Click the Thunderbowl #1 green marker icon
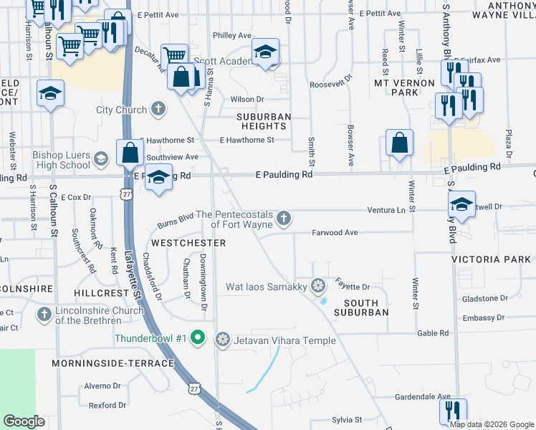point(200,338)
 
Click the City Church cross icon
point(158,110)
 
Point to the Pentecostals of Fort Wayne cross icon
point(284,218)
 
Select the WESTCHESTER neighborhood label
point(188,243)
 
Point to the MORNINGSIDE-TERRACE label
point(113,363)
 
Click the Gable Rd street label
point(433,333)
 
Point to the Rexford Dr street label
point(107,406)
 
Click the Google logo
point(24,421)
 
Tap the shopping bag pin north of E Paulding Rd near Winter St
point(399,143)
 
